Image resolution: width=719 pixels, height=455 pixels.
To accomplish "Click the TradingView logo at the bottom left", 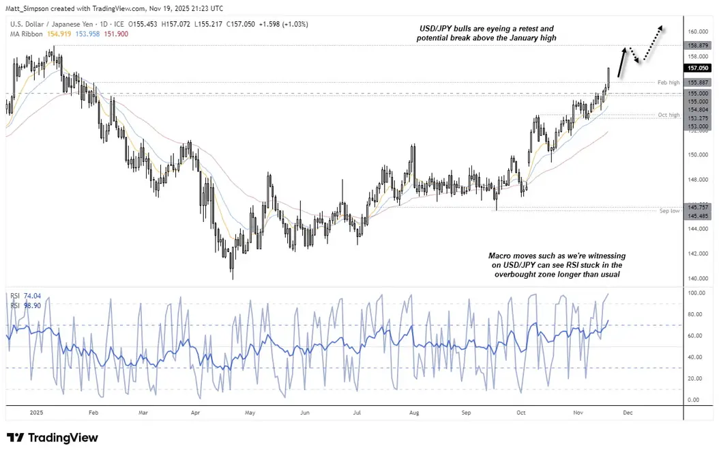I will (x=52, y=438).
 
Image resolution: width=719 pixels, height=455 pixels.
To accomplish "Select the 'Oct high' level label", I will (x=668, y=115).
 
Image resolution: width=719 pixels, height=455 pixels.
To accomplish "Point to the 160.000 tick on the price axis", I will (x=696, y=31).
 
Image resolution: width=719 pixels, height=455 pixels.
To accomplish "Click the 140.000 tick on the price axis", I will (x=696, y=278).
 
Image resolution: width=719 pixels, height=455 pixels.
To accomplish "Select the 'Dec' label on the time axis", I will (x=628, y=413).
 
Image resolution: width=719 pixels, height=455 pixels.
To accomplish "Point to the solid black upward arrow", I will (x=621, y=64).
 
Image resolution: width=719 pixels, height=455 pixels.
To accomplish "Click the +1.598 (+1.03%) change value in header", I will (x=284, y=24).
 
